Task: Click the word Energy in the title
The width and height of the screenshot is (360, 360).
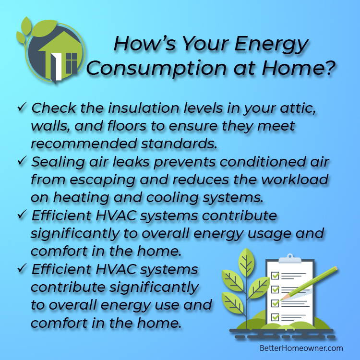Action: pyautogui.click(x=271, y=44)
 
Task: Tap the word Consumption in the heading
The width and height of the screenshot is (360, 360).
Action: pyautogui.click(x=156, y=69)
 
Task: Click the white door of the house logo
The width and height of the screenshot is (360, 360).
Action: pyautogui.click(x=56, y=67)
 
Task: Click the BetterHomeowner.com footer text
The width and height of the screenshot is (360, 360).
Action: pyautogui.click(x=301, y=348)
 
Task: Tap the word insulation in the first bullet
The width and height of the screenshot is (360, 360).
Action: pyautogui.click(x=144, y=108)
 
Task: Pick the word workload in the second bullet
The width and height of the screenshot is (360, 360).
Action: pyautogui.click(x=295, y=180)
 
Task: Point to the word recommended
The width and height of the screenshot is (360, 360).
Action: pyautogui.click(x=84, y=144)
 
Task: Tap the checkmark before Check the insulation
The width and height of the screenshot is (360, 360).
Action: pyautogui.click(x=22, y=107)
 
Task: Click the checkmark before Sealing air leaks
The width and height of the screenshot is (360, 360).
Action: pyautogui.click(x=22, y=161)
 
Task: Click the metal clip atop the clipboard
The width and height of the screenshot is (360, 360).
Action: pyautogui.click(x=290, y=259)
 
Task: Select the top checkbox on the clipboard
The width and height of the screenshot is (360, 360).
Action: pyautogui.click(x=275, y=276)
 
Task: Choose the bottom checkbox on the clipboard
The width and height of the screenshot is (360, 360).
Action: pyautogui.click(x=275, y=317)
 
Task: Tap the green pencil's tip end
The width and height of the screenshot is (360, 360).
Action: pyautogui.click(x=281, y=300)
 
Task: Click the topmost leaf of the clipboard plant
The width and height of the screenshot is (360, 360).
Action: pyautogui.click(x=246, y=262)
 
